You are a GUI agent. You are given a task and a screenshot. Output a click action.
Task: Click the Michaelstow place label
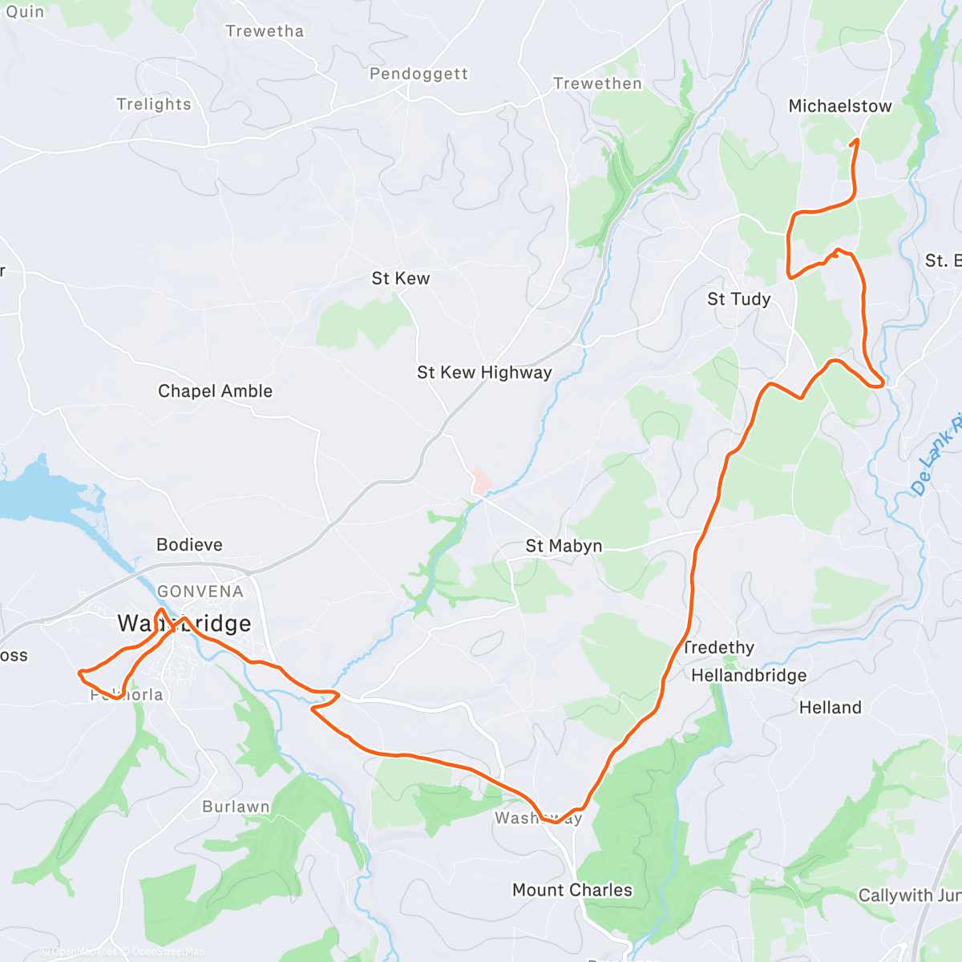(x=839, y=106)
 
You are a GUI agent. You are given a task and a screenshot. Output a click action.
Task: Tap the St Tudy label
(x=738, y=299)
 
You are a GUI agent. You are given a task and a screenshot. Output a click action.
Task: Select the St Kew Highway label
(x=484, y=372)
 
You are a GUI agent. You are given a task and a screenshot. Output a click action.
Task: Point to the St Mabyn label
(x=564, y=546)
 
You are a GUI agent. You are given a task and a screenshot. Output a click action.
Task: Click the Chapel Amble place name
(x=215, y=391)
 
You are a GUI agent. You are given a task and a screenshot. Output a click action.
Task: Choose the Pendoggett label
(x=418, y=74)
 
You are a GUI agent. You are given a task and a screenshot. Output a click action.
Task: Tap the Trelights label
(x=154, y=104)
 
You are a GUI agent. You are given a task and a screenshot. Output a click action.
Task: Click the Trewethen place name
(x=597, y=83)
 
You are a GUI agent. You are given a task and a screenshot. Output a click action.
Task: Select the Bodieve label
(x=189, y=545)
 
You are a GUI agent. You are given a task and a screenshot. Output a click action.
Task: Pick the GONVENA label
(x=200, y=592)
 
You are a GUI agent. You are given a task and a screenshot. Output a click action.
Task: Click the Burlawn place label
(x=236, y=806)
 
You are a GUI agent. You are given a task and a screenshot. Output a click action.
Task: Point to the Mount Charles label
(x=572, y=890)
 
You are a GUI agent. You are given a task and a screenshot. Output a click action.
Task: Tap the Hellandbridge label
(x=749, y=676)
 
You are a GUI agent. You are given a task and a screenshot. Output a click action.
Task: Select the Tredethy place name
(x=719, y=648)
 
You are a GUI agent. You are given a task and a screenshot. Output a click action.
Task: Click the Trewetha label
(x=265, y=31)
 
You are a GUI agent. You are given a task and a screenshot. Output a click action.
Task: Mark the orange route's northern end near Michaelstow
(x=857, y=140)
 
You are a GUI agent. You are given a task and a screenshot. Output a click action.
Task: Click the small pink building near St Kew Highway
(x=481, y=481)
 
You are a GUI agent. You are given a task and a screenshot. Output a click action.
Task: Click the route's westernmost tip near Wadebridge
(x=79, y=672)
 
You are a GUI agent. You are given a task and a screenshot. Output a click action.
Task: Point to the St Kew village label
(x=400, y=279)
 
